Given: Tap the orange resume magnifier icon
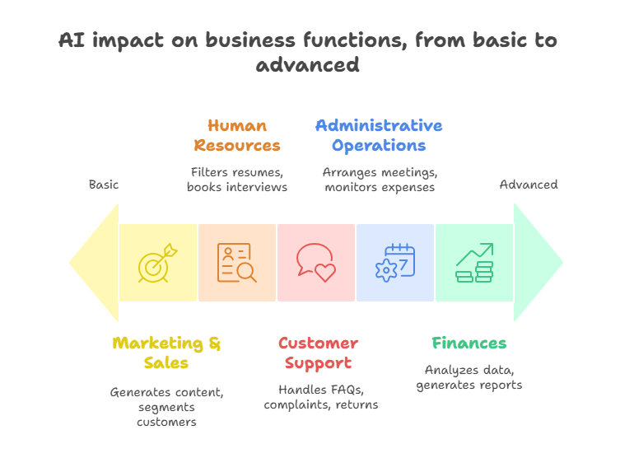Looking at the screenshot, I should click(236, 263).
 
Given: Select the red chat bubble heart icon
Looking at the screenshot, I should click(315, 263).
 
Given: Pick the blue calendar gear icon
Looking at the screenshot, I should click(395, 263).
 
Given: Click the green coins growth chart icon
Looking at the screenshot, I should click(474, 263).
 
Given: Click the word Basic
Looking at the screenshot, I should click(104, 185).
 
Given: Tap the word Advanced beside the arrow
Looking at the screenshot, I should click(529, 185).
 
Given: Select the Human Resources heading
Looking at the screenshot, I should click(237, 136).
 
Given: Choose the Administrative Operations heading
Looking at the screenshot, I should click(379, 136).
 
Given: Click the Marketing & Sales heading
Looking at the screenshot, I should click(167, 353).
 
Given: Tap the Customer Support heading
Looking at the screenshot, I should click(318, 353).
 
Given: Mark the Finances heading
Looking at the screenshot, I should click(469, 343).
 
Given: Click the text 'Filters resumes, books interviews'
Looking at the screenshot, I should click(237, 180).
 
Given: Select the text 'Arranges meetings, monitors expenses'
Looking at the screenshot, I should click(380, 180).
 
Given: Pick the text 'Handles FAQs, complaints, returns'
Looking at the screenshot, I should click(321, 396).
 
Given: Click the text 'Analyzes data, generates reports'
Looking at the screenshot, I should click(469, 378).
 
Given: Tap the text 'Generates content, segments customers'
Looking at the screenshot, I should click(167, 407).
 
